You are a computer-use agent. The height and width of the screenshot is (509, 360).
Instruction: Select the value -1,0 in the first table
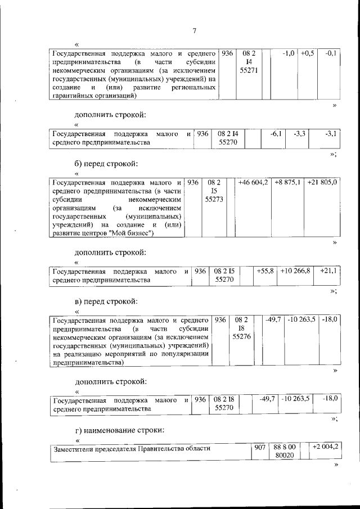[289, 53]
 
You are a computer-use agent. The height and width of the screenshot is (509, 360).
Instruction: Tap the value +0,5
[307, 53]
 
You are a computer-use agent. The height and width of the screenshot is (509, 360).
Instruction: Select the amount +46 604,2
[253, 183]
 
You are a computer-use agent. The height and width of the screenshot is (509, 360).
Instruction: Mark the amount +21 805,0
[322, 183]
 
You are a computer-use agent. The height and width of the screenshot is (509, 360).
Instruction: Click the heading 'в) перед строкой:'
[102, 301]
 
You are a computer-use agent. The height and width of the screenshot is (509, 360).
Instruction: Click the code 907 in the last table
[259, 448]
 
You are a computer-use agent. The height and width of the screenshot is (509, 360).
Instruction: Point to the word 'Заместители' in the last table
[72, 448]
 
